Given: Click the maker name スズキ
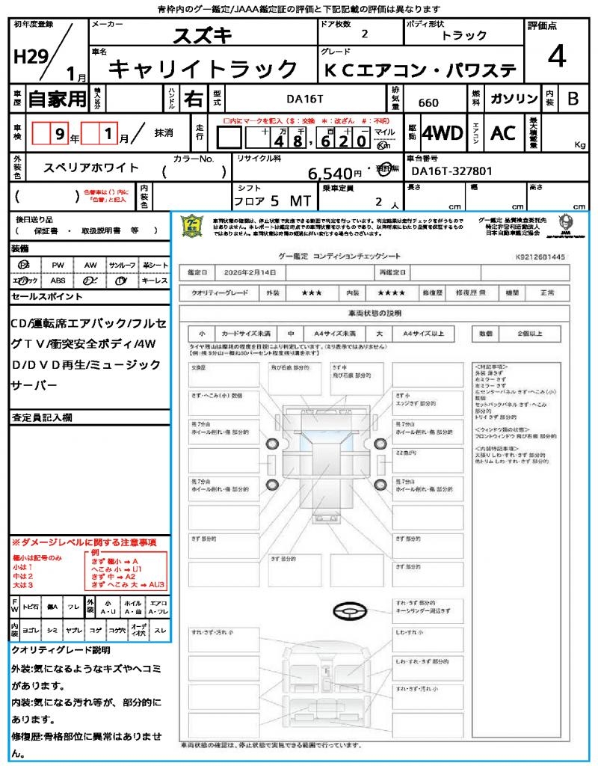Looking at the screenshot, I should (203, 34).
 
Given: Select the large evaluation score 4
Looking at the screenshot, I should (555, 57).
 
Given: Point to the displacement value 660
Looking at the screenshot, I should (428, 103).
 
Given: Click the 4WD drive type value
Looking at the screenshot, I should (442, 133).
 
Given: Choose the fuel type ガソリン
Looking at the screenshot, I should (513, 99).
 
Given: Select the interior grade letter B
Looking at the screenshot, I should (573, 99).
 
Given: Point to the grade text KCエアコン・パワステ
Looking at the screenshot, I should (420, 70).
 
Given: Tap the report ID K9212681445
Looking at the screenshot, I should (541, 257).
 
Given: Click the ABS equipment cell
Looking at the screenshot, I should (58, 281).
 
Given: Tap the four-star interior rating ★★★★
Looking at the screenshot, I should (392, 293).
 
